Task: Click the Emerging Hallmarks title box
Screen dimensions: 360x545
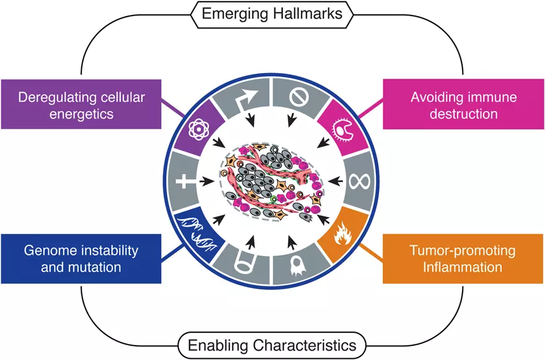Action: pyautogui.click(x=272, y=13)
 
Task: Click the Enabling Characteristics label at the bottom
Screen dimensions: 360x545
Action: pyautogui.click(x=272, y=344)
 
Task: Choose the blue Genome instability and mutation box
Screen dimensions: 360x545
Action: pyautogui.click(x=82, y=259)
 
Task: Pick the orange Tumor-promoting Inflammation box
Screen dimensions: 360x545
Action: pyautogui.click(x=463, y=259)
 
